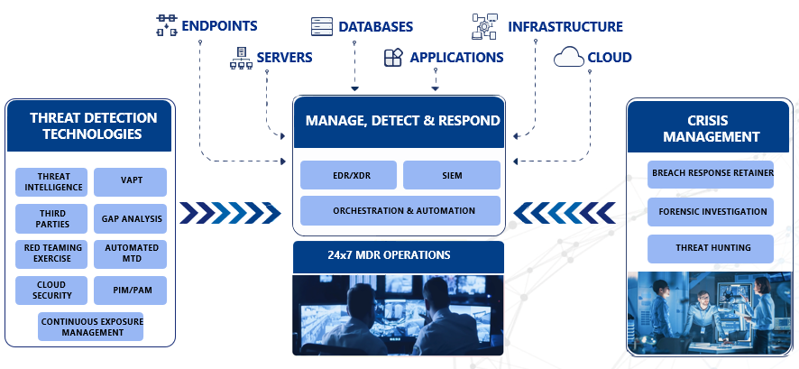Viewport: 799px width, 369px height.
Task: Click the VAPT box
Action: [131, 180]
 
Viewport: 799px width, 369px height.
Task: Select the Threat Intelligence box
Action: [51, 180]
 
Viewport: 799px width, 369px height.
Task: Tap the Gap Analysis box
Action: [131, 218]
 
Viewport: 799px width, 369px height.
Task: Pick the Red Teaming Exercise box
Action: [51, 254]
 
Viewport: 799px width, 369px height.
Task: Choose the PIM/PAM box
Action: [131, 290]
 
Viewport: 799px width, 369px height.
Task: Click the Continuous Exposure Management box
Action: [90, 326]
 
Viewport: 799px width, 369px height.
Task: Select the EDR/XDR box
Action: [347, 175]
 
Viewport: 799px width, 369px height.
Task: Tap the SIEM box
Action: [451, 175]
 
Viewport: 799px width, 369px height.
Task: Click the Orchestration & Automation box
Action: [400, 210]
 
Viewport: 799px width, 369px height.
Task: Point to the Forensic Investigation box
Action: [711, 212]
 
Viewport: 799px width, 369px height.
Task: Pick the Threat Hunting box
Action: [711, 248]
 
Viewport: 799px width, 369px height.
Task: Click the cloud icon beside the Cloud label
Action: [568, 57]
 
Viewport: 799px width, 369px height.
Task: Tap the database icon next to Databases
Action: [322, 26]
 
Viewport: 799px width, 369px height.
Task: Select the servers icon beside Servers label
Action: [241, 58]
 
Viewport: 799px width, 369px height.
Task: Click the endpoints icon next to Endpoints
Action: [166, 25]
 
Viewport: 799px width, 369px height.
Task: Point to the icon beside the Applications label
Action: [394, 58]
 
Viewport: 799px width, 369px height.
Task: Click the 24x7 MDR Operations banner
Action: [398, 255]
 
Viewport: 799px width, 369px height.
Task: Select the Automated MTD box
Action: [131, 254]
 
